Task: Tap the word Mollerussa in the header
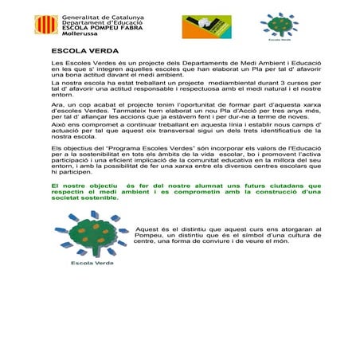[x=77, y=36]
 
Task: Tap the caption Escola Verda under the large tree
[x=89, y=261]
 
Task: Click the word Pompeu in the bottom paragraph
[x=151, y=236]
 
